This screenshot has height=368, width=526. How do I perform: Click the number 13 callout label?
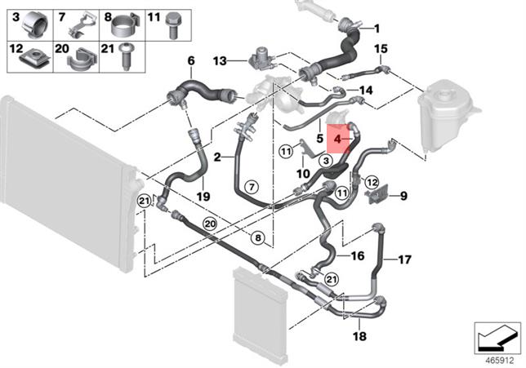[220, 61]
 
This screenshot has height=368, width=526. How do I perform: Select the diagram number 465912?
[500, 361]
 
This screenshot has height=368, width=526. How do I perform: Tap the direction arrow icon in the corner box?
[497, 338]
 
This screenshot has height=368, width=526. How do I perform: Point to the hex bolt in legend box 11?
[172, 25]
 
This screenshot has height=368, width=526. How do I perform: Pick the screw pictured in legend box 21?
[126, 56]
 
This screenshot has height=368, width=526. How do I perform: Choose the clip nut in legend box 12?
[35, 60]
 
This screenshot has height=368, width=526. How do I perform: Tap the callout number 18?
[359, 336]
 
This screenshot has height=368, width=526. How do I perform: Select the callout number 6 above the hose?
[191, 61]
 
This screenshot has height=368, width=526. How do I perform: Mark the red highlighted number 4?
[337, 139]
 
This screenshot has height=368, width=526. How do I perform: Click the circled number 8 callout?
[258, 238]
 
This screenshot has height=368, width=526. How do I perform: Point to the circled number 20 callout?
[210, 224]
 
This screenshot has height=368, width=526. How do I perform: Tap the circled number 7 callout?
[252, 186]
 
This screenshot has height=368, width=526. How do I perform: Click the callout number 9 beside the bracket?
[403, 195]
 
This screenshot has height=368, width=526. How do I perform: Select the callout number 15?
[381, 49]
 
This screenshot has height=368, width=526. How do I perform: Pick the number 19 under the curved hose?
[203, 196]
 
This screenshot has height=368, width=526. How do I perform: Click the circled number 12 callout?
[372, 182]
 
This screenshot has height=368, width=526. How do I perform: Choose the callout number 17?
[404, 259]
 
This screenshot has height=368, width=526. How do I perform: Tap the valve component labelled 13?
[261, 58]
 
